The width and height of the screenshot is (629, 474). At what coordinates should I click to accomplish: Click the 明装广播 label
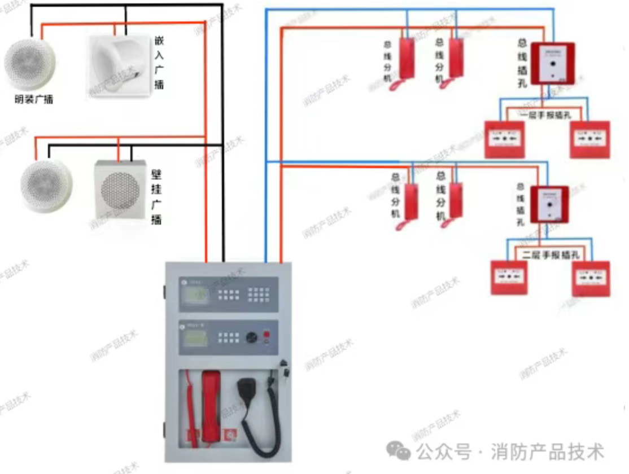click(x=34, y=100)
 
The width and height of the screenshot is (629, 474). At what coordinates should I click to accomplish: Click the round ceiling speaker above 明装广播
click(x=30, y=63)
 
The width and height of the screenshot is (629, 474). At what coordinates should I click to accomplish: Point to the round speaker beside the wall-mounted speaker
click(x=46, y=186)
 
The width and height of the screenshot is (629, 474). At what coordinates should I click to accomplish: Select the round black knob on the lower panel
click(x=252, y=337)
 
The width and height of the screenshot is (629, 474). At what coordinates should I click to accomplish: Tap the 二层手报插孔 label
click(x=551, y=255)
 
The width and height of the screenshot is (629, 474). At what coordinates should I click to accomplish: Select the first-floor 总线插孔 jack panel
click(x=552, y=63)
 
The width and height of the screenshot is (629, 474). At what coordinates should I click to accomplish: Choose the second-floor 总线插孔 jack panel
click(x=549, y=205)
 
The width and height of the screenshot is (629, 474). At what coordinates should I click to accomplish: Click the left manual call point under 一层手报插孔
click(x=504, y=139)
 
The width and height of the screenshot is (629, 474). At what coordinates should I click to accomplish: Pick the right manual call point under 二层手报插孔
click(x=591, y=278)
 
